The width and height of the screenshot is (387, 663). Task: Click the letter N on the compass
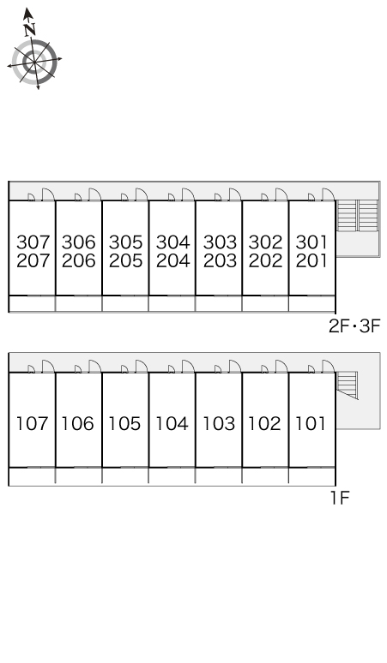29,29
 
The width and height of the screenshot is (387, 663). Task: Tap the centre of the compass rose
33,62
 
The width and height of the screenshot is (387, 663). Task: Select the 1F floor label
340,498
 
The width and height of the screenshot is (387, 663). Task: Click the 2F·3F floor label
354,326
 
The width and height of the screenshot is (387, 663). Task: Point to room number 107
33,423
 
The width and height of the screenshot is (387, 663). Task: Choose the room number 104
172,423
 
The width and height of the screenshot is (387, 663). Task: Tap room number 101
311,423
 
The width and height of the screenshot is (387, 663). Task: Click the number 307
33,242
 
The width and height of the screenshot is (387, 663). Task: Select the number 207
33,260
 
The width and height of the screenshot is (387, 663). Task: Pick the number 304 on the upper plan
172,242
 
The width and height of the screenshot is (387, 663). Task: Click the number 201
311,260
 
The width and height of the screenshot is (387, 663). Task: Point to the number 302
265,242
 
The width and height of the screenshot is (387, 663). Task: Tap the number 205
126,260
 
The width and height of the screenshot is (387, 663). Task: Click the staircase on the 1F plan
348,385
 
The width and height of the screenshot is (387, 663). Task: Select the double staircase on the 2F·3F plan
357,216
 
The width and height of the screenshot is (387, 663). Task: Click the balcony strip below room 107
33,476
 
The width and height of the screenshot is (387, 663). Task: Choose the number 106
78,423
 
